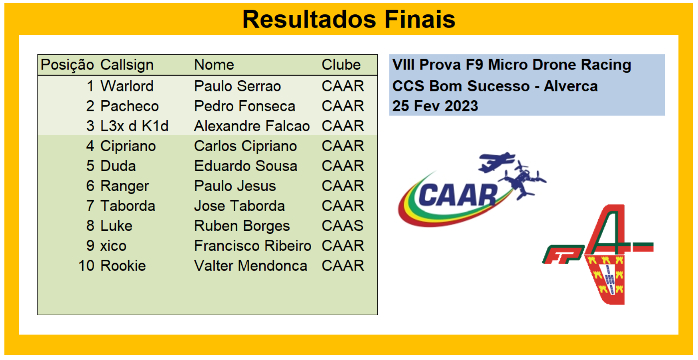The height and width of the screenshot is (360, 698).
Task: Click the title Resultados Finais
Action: click(x=349, y=19)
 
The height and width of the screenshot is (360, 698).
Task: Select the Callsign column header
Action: click(x=127, y=65)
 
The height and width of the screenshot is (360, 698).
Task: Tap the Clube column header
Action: click(x=341, y=65)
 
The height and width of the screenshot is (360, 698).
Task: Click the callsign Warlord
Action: click(x=127, y=86)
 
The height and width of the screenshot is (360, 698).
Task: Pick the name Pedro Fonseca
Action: click(x=244, y=106)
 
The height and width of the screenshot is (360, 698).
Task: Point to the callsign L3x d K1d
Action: click(x=134, y=126)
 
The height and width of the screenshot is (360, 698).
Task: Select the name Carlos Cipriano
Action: click(x=245, y=146)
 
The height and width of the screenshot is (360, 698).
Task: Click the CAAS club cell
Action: click(x=342, y=226)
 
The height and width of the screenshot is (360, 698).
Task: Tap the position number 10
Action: click(x=86, y=266)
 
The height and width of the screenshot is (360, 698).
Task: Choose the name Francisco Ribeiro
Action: click(x=252, y=246)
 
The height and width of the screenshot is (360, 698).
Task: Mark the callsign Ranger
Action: click(x=124, y=186)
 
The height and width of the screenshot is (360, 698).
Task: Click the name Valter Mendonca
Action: click(x=250, y=266)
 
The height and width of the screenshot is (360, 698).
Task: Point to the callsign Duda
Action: click(x=118, y=166)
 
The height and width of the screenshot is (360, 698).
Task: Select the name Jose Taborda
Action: click(x=239, y=206)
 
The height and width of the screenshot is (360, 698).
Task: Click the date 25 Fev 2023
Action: click(x=435, y=106)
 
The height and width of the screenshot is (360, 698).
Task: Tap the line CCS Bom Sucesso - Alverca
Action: click(x=495, y=86)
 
